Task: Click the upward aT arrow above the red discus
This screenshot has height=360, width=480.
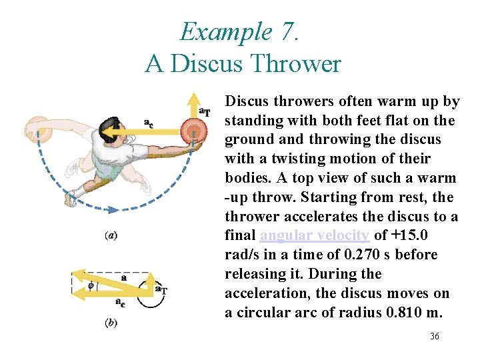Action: pos(193,106)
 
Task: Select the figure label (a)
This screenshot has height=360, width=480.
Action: pos(112,235)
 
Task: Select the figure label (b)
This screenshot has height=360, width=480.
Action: pos(112,323)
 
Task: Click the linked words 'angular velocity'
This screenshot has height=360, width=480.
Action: pos(315,235)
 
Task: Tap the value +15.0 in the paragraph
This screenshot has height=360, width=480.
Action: pos(411,235)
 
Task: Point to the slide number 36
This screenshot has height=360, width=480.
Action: pos(434,337)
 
